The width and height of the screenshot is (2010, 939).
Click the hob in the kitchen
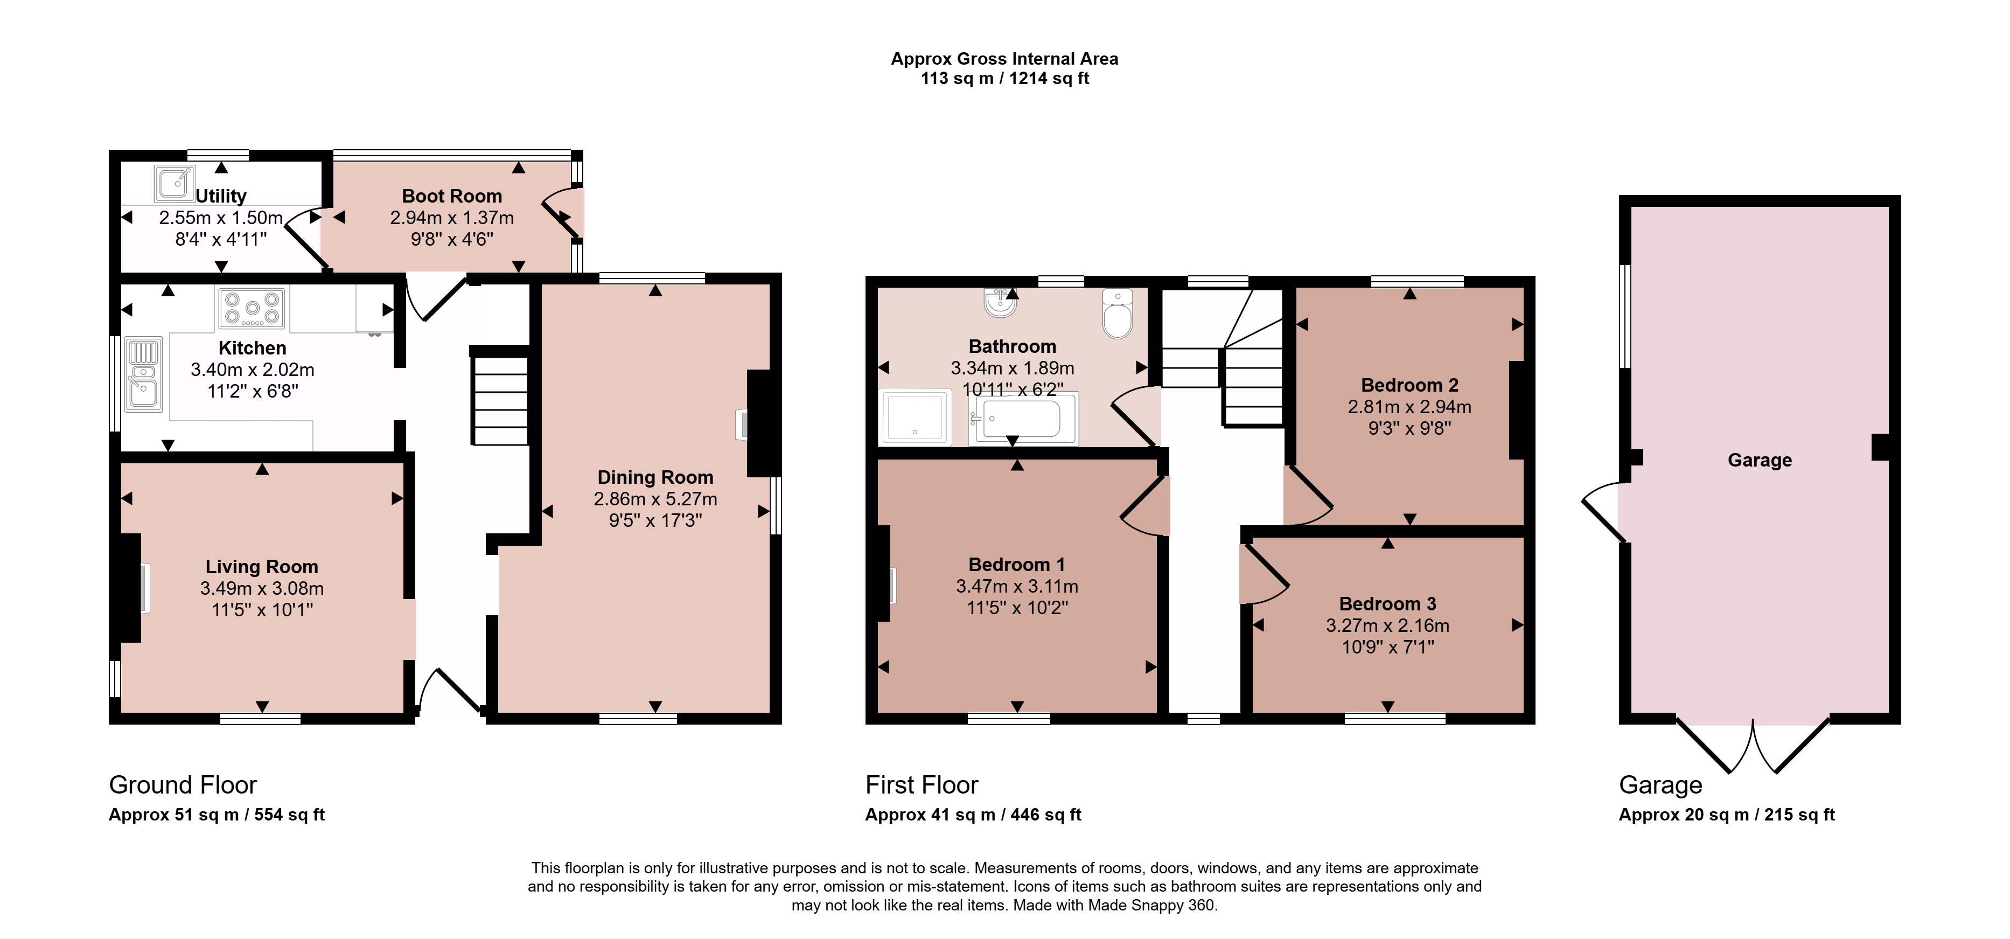252,308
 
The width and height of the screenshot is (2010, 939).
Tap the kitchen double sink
144,374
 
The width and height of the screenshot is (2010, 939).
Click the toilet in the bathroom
1118,314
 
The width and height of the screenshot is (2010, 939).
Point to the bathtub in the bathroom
1023,419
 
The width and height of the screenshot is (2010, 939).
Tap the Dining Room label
655,477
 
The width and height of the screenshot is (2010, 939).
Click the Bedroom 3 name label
1387,603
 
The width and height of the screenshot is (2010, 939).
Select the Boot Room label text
452,196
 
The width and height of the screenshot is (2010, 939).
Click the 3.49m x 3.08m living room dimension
262,588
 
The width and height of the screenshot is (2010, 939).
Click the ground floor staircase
499,396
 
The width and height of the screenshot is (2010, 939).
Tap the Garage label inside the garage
1760,460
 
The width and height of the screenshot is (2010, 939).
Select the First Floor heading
922,784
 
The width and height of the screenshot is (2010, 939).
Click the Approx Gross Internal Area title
1004,59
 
